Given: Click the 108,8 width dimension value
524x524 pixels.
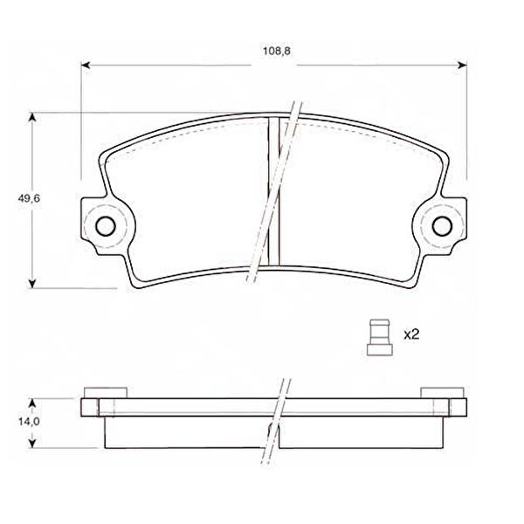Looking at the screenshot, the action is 276,52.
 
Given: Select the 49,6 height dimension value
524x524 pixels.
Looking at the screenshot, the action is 29,198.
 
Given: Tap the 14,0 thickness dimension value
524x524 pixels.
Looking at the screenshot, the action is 29,422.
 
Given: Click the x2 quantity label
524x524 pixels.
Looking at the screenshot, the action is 411,334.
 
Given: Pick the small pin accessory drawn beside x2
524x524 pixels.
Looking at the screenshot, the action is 380,337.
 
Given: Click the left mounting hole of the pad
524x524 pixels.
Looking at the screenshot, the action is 106,226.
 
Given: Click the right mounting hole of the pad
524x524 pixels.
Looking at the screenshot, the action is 442,226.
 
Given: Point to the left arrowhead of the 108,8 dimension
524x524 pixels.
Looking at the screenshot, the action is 86,65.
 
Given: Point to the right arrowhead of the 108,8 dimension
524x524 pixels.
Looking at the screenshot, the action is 462,65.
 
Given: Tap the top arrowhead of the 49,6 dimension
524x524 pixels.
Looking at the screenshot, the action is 32,117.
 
